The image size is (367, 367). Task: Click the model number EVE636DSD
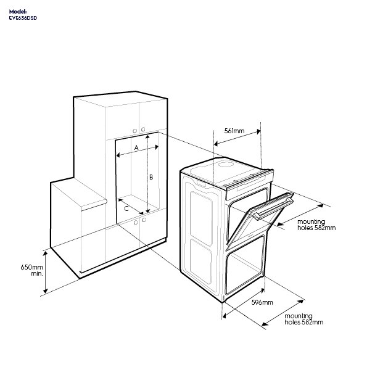click(x=23, y=18)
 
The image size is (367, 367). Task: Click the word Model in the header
click(x=18, y=12)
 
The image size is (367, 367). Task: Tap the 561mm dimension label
click(x=234, y=131)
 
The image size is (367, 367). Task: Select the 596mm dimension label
click(x=262, y=302)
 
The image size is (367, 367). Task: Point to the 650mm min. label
click(x=32, y=270)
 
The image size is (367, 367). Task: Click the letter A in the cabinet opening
click(x=136, y=147)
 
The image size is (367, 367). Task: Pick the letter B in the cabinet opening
click(x=151, y=177)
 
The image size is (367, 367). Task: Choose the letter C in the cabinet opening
click(x=126, y=208)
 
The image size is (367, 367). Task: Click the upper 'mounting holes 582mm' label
click(x=316, y=225)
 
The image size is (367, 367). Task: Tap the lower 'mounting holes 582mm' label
click(x=304, y=319)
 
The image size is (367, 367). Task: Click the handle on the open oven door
click(x=273, y=208)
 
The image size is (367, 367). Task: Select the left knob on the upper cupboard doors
click(x=135, y=131)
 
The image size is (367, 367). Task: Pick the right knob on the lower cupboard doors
click(x=144, y=220)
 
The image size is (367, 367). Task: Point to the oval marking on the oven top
click(x=226, y=164)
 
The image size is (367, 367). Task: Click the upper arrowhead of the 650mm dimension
click(x=46, y=254)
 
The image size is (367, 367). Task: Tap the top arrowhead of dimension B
click(x=147, y=137)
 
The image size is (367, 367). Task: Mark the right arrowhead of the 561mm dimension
click(x=258, y=132)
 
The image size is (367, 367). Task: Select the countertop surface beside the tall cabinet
click(x=79, y=193)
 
